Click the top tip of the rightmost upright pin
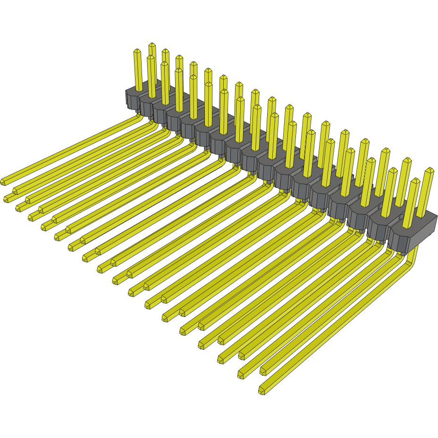click(x=430, y=170)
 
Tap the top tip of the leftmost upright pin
click(x=137, y=51)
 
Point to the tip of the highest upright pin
click(x=152, y=45)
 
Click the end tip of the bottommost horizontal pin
click(x=261, y=390)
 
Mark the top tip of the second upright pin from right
click(x=415, y=181)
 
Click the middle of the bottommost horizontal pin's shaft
click(x=330, y=326)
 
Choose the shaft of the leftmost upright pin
click(x=138, y=71)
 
